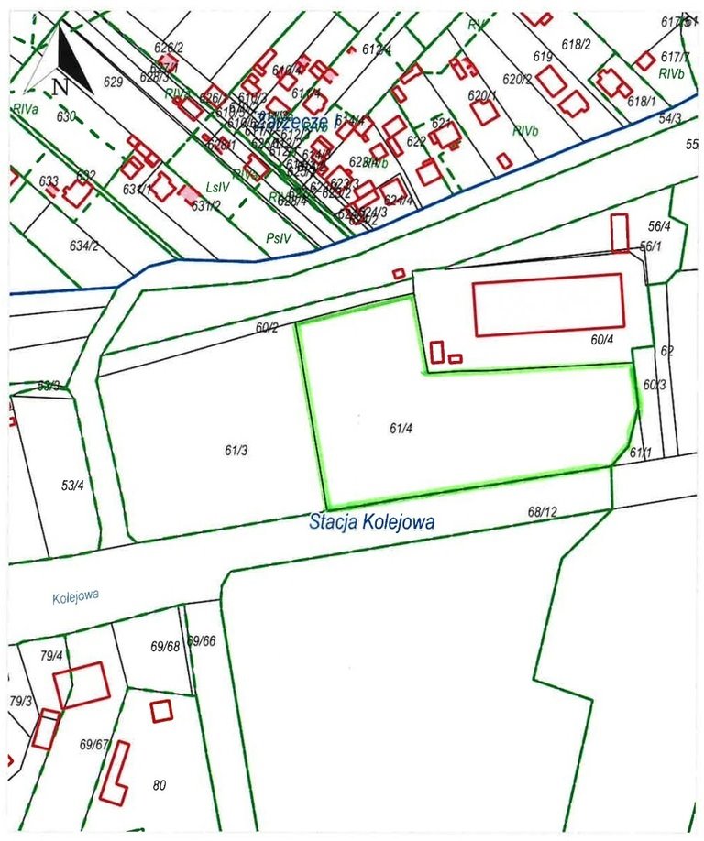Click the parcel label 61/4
point(399,428)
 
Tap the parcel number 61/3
point(236,450)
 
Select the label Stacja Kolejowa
point(371,522)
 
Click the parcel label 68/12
point(543,511)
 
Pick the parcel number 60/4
point(602,340)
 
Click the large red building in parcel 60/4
point(548,304)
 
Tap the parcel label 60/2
point(267,327)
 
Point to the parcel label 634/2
point(83,246)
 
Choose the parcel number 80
point(159,785)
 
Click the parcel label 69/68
point(165,647)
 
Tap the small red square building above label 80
point(161,711)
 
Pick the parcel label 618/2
point(576,44)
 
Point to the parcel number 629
point(113,82)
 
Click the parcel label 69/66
point(202,640)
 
